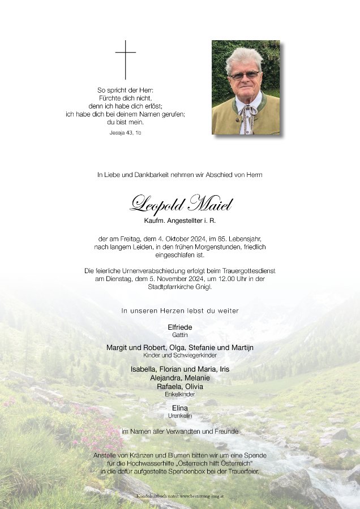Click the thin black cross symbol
point(126,59)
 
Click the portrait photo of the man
point(246,87)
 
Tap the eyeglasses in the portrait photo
point(244,75)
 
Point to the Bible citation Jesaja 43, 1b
point(125,132)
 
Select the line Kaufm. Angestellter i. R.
point(180,219)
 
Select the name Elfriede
point(180,327)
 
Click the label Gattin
point(180,335)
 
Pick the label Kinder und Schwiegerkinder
point(180,355)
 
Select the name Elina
point(180,408)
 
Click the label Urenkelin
point(180,416)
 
